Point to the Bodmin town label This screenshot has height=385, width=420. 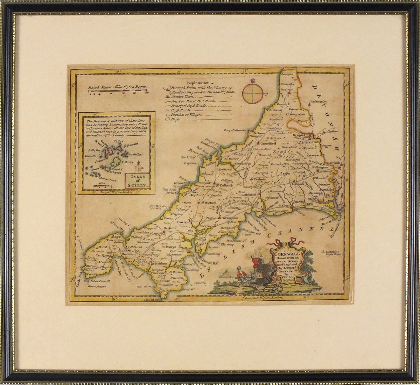[x=260, y=179]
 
